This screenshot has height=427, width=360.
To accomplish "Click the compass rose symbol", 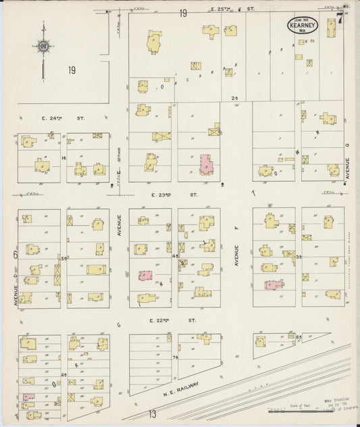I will (43, 47).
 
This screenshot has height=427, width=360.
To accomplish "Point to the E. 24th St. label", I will (53, 118).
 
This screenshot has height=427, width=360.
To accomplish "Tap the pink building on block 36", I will (273, 284).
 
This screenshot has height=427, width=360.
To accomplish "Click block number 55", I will (63, 258).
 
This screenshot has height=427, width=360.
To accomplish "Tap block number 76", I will (175, 356).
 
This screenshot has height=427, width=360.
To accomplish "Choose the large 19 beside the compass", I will (72, 70).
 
